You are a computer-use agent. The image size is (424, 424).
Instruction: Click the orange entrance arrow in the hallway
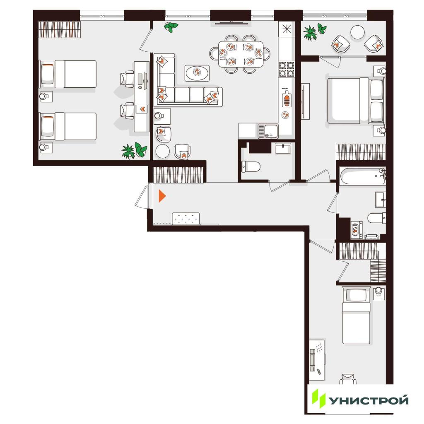click(x=162, y=196)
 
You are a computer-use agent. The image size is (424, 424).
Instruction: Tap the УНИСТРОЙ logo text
click(x=369, y=400)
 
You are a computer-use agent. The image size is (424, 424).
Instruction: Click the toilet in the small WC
click(x=251, y=166)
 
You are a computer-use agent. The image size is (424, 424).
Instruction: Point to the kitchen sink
click(x=268, y=131)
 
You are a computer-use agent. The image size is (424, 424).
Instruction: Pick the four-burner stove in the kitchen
click(x=287, y=69)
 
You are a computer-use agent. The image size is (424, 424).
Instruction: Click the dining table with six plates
click(x=241, y=54)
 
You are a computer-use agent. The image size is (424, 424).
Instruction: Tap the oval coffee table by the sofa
click(x=197, y=73)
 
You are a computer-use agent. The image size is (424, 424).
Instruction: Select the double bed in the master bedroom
click(x=356, y=101)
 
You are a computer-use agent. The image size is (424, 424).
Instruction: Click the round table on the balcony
click(x=357, y=32)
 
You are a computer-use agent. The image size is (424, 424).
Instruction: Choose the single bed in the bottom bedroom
click(x=356, y=316)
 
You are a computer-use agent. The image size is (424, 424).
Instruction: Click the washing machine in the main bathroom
click(x=357, y=230)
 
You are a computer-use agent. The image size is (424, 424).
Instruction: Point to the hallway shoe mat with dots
click(x=186, y=219)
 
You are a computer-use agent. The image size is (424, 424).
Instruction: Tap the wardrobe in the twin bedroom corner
click(x=60, y=29)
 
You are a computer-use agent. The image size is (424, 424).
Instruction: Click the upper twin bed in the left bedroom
click(x=68, y=74)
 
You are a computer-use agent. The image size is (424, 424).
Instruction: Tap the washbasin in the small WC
click(x=283, y=149)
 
